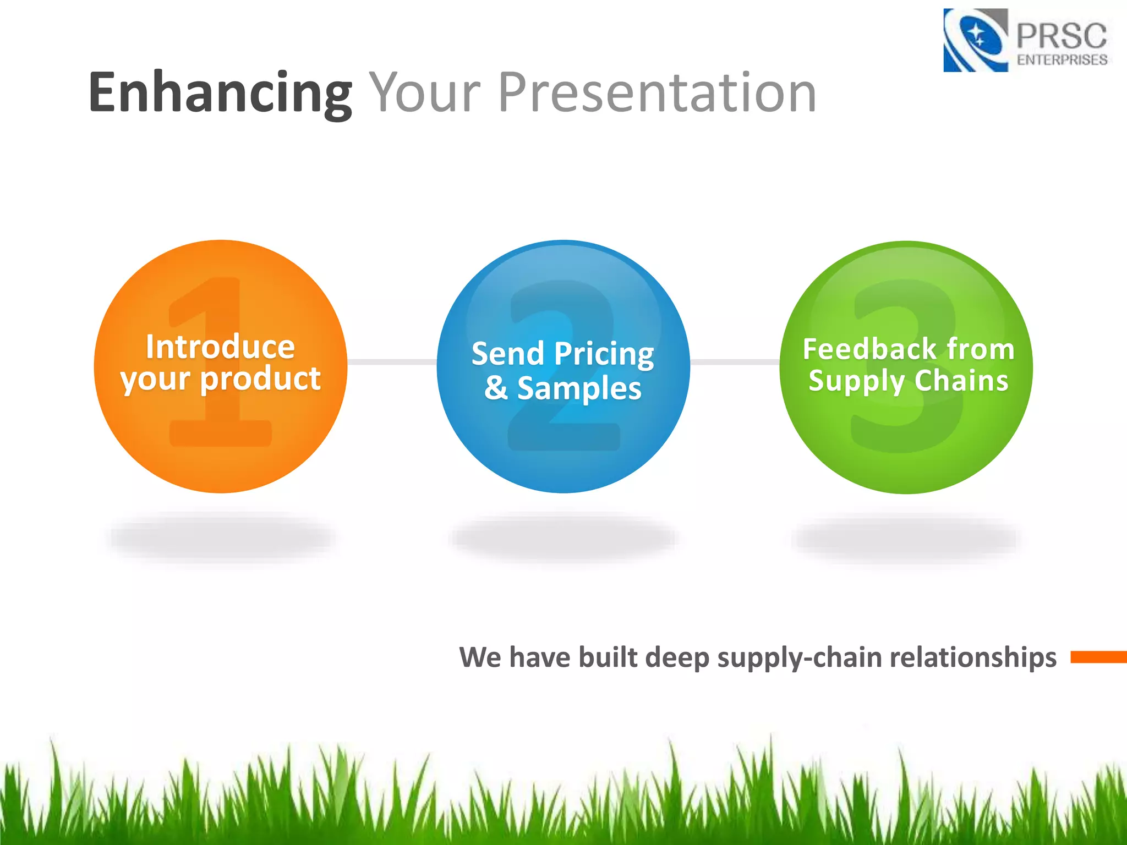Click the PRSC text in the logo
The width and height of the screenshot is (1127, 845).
(1060, 36)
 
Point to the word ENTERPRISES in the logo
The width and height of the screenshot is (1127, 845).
(1062, 59)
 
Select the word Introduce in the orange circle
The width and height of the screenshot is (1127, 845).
(220, 347)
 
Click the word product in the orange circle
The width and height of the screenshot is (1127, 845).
(260, 379)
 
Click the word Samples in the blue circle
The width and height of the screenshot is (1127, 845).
(579, 388)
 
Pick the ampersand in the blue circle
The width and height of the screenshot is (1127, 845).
(496, 387)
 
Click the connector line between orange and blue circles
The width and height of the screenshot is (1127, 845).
(392, 361)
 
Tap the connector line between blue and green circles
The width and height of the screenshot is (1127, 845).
(735, 362)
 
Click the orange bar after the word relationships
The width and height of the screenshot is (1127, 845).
(1098, 656)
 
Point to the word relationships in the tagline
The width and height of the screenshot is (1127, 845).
(972, 657)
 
